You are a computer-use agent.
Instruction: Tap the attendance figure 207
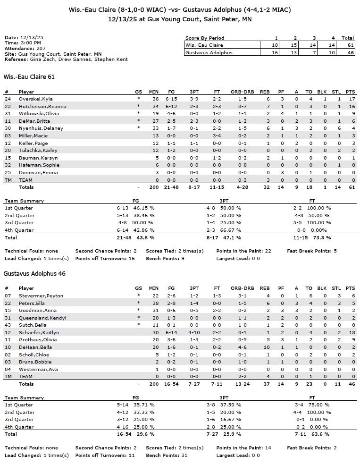[x=41, y=48]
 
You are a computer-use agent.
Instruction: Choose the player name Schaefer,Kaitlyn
[x=36, y=333]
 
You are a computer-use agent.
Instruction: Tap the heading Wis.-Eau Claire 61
[x=29, y=76]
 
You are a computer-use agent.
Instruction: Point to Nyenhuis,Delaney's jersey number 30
[x=8, y=128]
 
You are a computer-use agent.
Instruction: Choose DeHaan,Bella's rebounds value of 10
[x=266, y=347]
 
